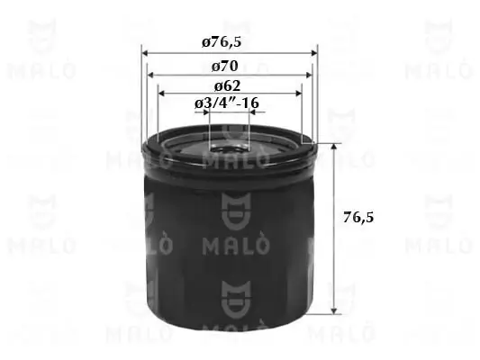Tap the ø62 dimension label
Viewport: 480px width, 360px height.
[227, 86]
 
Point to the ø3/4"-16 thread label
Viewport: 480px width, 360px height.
[227, 104]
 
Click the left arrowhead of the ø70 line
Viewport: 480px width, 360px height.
[151, 76]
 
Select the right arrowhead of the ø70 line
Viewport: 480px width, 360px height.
[309, 76]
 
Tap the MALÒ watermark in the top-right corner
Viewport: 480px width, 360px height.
[436, 54]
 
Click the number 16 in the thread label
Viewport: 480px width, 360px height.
[251, 104]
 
